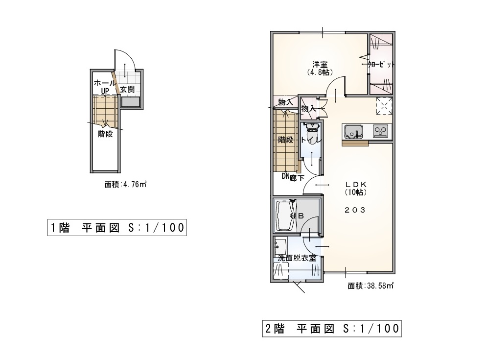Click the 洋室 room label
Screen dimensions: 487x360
click(320, 65)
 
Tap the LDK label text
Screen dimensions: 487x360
click(356, 184)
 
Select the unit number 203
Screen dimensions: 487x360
click(355, 210)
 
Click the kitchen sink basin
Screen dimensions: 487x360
click(352, 132)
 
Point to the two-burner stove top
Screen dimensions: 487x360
click(380, 131)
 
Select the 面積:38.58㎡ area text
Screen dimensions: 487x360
click(371, 286)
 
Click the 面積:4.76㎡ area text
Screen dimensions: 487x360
click(125, 184)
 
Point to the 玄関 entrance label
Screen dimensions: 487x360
click(127, 90)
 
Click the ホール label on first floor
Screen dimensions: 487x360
click(104, 83)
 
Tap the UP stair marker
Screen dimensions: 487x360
click(105, 91)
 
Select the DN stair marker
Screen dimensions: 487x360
click(285, 176)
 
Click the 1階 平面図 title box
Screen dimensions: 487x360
click(117, 228)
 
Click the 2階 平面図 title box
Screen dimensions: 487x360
click(332, 328)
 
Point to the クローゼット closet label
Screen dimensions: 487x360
click(381, 65)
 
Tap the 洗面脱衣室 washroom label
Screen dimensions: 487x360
click(297, 258)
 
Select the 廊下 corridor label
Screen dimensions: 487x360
click(297, 178)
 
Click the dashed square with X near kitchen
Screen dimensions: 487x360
click(384, 106)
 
